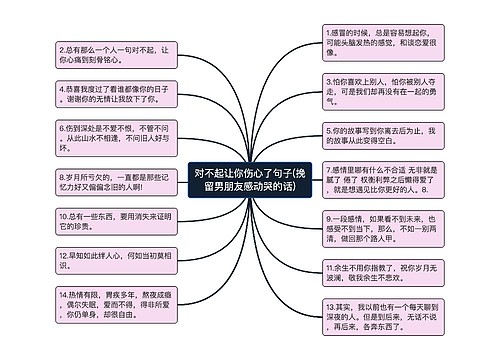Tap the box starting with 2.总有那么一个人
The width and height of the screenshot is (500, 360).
coord(106,56)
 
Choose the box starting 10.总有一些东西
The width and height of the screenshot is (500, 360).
coord(106,221)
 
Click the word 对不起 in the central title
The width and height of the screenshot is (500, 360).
coord(214,173)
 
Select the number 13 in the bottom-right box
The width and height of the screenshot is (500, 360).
coord(333,306)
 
